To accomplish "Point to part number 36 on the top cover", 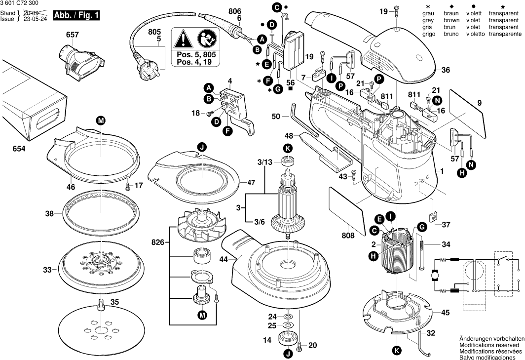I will [446, 71].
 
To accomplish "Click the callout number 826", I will [158, 242].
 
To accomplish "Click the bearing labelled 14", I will [287, 339].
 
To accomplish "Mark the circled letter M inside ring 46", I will [101, 120].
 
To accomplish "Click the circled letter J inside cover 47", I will [201, 147].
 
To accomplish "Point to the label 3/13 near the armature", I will [264, 162].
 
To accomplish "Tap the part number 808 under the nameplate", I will [348, 236].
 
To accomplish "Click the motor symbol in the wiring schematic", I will [434, 274].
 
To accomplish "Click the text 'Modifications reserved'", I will [489, 345].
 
